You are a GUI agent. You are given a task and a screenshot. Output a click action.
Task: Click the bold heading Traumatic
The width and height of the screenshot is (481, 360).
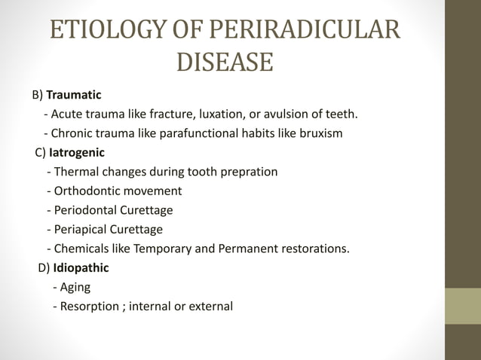click(x=74, y=96)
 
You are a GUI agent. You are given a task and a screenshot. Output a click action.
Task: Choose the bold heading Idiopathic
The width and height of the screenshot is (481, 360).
click(x=81, y=267)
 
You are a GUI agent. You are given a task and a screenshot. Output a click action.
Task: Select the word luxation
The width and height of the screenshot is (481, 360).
click(x=234, y=114)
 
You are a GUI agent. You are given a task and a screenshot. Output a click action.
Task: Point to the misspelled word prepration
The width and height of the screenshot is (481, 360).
click(x=250, y=172)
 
